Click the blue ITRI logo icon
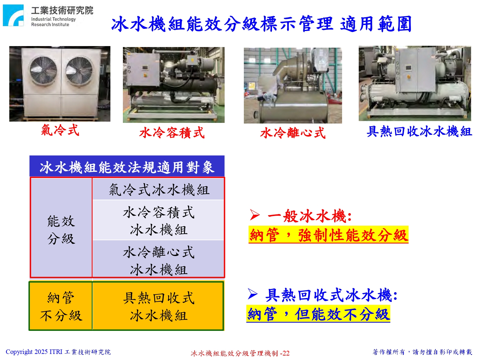(x=13, y=15)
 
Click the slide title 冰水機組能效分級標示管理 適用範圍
(x=261, y=24)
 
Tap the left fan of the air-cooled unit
(x=43, y=70)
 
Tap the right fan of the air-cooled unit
(x=79, y=70)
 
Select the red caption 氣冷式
(x=60, y=130)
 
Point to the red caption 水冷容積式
(x=172, y=132)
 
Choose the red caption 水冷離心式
(x=293, y=132)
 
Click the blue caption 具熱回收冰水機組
(x=420, y=131)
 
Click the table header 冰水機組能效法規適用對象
(x=127, y=167)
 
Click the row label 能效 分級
(x=61, y=229)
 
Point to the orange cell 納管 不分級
(x=61, y=306)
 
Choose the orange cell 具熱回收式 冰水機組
(x=158, y=306)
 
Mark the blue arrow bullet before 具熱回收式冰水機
(x=253, y=294)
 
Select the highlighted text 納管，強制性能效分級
(x=328, y=235)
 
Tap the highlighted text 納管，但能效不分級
(x=318, y=314)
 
